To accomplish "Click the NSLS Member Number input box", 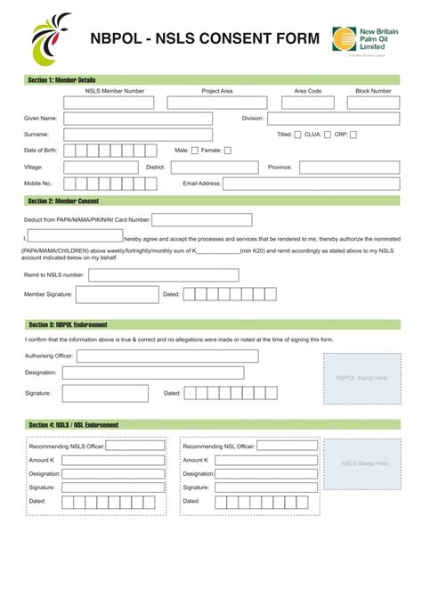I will coord(115,102).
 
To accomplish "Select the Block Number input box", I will coord(373,102).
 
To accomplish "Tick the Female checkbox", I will coord(227,151).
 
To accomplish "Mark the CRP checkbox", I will coord(353,135).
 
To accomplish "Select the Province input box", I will coord(349,167).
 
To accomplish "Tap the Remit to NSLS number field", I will coord(163,275).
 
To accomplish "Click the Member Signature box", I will coord(117,294).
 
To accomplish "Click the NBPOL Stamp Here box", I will coord(361,379).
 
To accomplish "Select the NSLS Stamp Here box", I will coord(365,463).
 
